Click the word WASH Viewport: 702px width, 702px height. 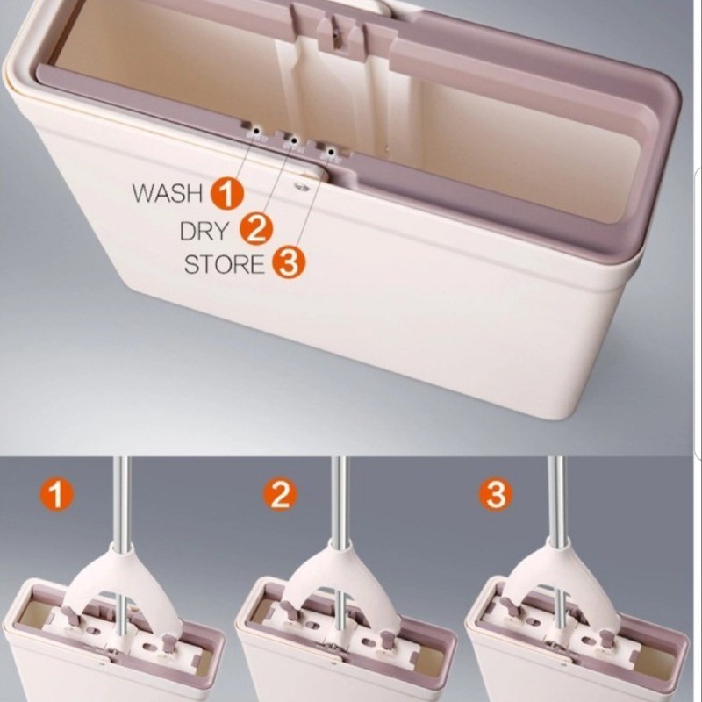[x=168, y=193]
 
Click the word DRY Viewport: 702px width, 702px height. [x=204, y=231]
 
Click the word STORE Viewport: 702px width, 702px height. [x=224, y=264]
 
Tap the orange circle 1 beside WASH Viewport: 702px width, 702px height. [x=227, y=194]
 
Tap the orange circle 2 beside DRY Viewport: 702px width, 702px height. [x=256, y=230]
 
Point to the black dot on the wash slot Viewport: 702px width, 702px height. [x=256, y=131]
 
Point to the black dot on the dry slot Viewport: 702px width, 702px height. [x=294, y=140]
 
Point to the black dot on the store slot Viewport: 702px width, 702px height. [x=332, y=152]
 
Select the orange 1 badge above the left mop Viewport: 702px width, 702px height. [x=56, y=493]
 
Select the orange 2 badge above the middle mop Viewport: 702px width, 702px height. [x=279, y=495]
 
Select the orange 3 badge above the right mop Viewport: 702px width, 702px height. [x=496, y=494]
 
